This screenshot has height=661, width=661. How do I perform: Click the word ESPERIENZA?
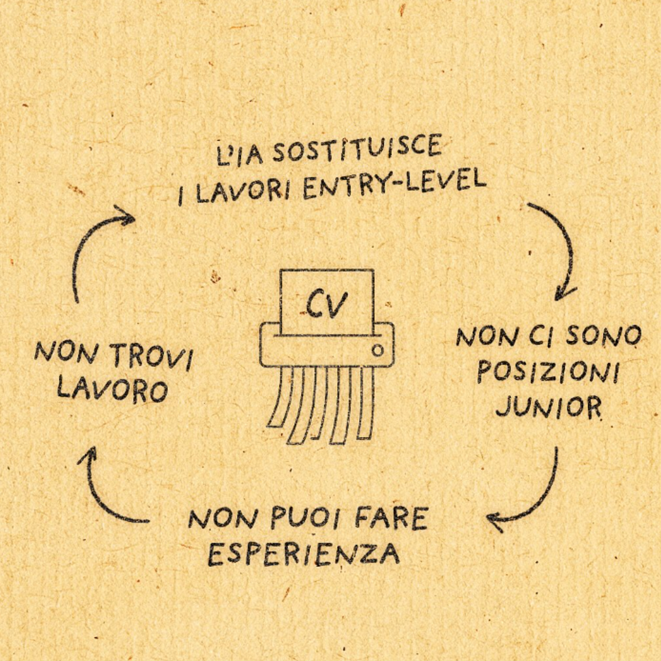(x=304, y=553)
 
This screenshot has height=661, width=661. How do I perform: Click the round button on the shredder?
(x=377, y=350)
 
